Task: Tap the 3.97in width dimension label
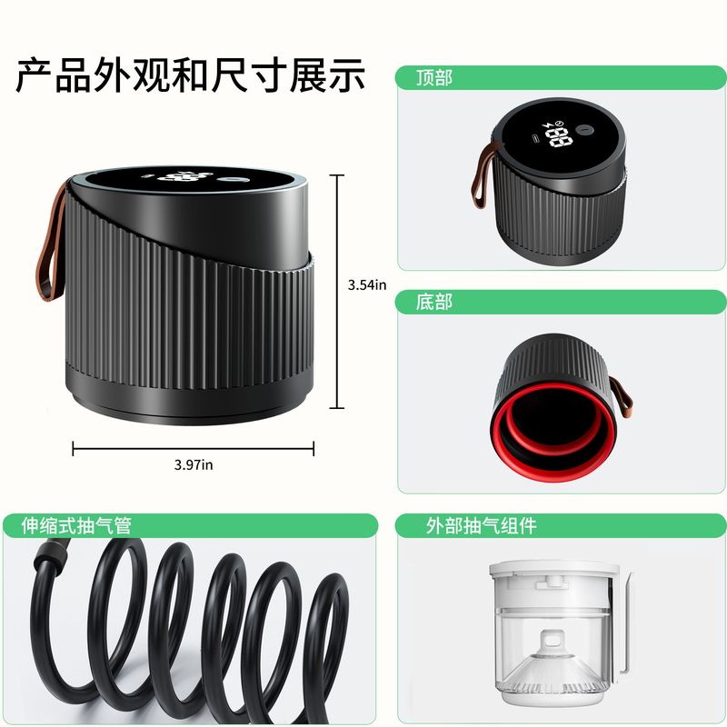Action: pyautogui.click(x=194, y=464)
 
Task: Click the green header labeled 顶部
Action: pyautogui.click(x=433, y=78)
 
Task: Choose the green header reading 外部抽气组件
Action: pyautogui.click(x=482, y=525)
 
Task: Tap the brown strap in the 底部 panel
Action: pyautogui.click(x=622, y=399)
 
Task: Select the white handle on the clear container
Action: pyautogui.click(x=626, y=627)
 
